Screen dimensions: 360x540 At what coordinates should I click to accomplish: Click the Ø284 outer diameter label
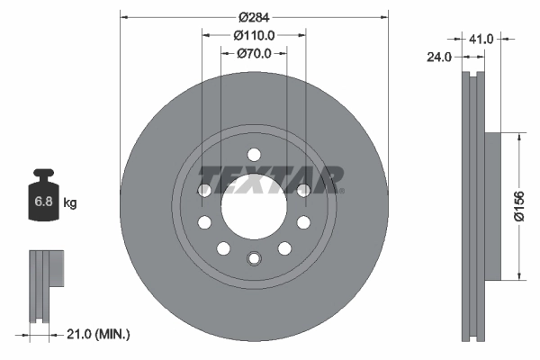coord(254,16)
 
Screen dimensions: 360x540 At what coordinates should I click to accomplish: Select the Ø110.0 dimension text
coord(254,35)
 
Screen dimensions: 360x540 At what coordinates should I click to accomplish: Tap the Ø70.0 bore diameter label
coord(254,54)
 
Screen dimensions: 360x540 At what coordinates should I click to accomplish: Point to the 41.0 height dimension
coord(482,39)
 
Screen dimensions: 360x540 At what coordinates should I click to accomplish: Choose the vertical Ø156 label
coord(518,205)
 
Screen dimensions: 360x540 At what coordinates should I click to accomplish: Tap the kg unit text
coord(70,202)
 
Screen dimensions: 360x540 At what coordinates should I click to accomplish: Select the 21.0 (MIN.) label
coord(100,334)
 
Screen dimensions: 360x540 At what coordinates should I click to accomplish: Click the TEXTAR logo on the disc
coord(270,179)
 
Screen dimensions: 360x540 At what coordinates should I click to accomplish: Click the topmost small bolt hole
coord(254,152)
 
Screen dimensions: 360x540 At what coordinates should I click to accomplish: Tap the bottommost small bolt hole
coord(254,259)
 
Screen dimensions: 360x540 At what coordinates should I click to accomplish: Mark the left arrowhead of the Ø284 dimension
coord(122,16)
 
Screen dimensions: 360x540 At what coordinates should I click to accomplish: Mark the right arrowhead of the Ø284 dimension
coord(385,16)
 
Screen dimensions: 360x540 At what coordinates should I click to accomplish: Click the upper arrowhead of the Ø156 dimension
coord(518,136)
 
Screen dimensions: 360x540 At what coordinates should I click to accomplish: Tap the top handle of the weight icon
coord(43,175)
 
